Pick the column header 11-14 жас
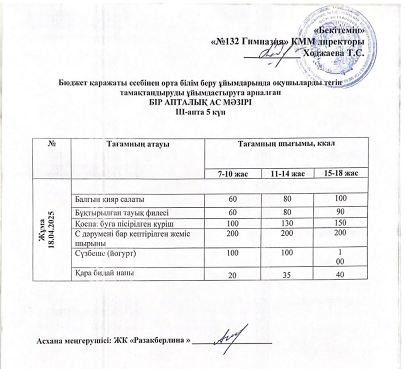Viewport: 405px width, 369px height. click(x=286, y=173)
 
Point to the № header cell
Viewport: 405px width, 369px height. click(x=52, y=143)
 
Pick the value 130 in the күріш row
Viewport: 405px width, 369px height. click(x=286, y=223)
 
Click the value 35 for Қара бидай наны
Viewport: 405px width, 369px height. click(x=286, y=275)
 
